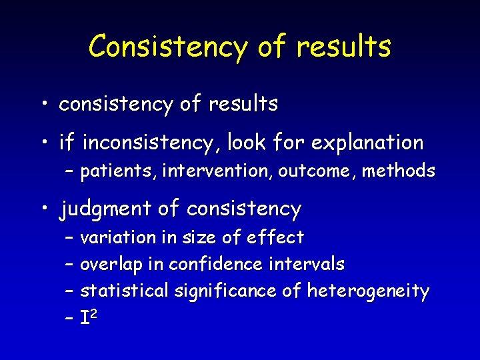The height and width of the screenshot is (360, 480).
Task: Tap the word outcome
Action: click(315, 171)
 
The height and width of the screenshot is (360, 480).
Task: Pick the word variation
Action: click(114, 237)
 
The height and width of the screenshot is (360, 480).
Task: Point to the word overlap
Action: click(111, 265)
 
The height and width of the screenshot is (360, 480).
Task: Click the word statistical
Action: click(125, 291)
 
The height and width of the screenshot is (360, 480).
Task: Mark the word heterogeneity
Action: click(368, 291)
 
